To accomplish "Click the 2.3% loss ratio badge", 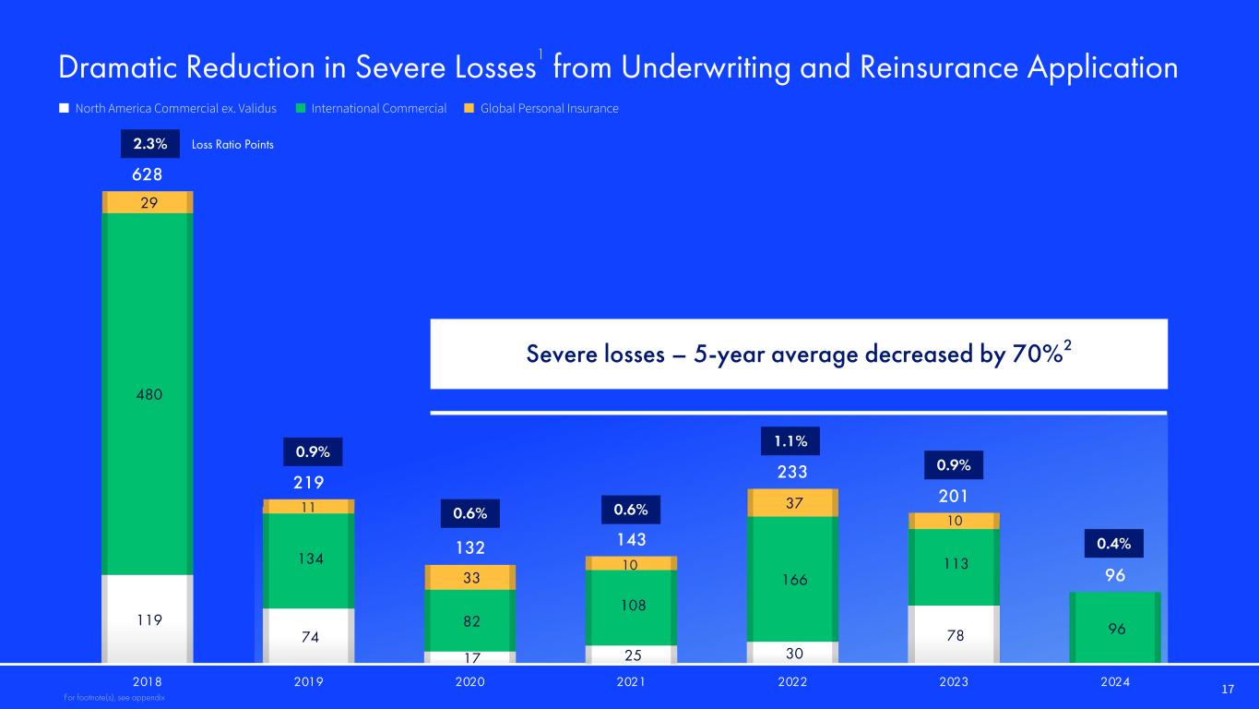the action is pyautogui.click(x=150, y=143).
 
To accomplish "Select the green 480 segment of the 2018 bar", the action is pyautogui.click(x=148, y=394).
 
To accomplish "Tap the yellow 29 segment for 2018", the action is pyautogui.click(x=148, y=202).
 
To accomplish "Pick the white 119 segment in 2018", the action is pyautogui.click(x=148, y=619).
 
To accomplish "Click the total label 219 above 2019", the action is pyautogui.click(x=309, y=482).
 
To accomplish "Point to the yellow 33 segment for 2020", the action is pyautogui.click(x=469, y=577).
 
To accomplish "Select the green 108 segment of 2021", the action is pyautogui.click(x=631, y=607).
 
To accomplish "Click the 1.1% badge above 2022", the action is pyautogui.click(x=790, y=441).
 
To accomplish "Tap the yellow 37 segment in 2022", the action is pyautogui.click(x=792, y=502).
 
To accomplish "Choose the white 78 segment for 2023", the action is pyautogui.click(x=954, y=635).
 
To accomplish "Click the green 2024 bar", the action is pyautogui.click(x=1115, y=628).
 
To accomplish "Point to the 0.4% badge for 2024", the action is pyautogui.click(x=1114, y=544).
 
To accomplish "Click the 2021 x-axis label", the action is pyautogui.click(x=631, y=682).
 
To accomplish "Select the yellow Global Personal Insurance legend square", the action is pyautogui.click(x=469, y=108).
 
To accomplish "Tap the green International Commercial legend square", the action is pyautogui.click(x=301, y=108).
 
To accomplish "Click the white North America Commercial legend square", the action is pyautogui.click(x=64, y=108).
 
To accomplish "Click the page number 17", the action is pyautogui.click(x=1228, y=689).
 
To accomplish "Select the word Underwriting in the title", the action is pyautogui.click(x=707, y=68).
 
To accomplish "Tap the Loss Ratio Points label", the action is pyautogui.click(x=232, y=145).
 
